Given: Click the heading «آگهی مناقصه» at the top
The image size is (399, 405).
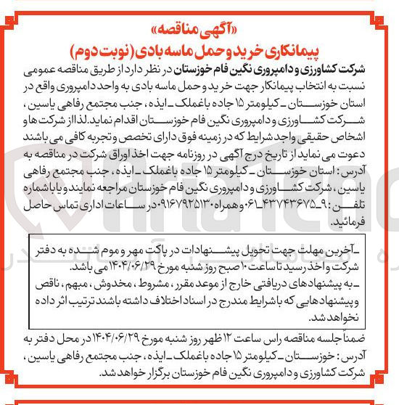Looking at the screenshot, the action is [199, 16].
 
